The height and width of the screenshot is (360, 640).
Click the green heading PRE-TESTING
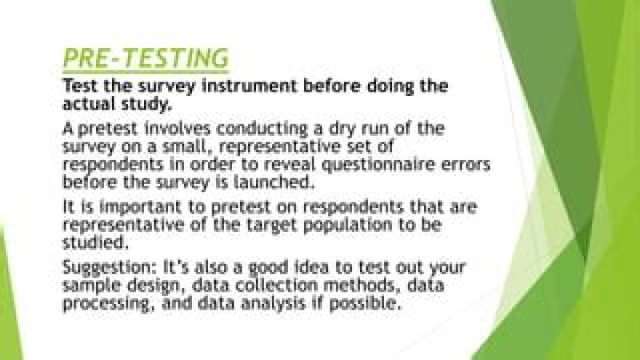146,59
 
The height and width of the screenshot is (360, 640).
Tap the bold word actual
88,105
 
